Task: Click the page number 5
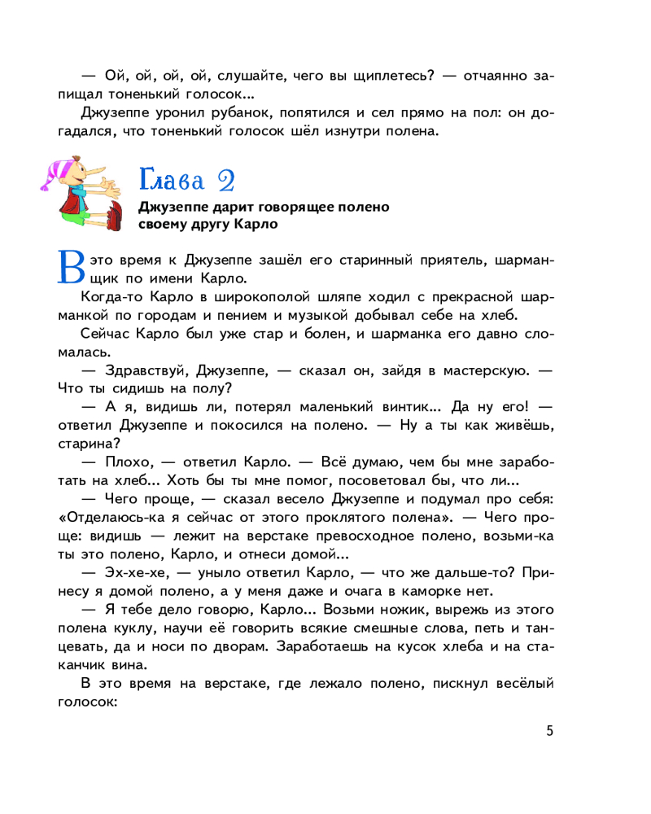point(550,730)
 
